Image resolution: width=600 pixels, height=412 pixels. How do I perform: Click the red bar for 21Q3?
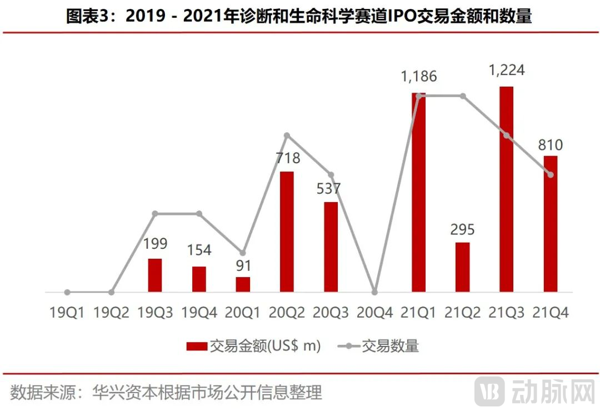click(506, 189)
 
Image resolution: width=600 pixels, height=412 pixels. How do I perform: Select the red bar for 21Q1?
click(418, 192)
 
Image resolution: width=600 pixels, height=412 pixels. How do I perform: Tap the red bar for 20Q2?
click(287, 232)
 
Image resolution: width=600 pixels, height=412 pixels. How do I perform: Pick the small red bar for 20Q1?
click(243, 284)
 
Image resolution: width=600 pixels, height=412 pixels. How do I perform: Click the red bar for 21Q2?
click(462, 267)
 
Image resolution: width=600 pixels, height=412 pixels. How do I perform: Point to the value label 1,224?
click(506, 71)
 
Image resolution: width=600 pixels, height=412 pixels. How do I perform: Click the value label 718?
click(287, 158)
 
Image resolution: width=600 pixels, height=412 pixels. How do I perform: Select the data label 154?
click(199, 250)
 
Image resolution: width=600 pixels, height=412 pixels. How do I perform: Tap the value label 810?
click(550, 145)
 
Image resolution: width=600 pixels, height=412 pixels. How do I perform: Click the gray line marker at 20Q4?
click(375, 292)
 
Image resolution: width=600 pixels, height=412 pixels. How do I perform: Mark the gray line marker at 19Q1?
click(67, 292)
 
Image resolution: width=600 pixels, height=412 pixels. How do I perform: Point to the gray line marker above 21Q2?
click(462, 96)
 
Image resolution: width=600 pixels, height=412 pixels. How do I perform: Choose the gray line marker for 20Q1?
click(243, 253)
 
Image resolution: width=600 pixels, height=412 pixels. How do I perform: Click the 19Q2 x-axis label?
click(111, 313)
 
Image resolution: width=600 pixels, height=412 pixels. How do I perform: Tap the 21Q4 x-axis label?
click(551, 313)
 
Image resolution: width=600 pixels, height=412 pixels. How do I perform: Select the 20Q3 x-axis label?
click(331, 313)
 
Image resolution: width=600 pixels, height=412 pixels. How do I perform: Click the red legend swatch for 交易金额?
click(196, 346)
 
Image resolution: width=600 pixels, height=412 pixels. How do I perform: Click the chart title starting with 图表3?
click(299, 17)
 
